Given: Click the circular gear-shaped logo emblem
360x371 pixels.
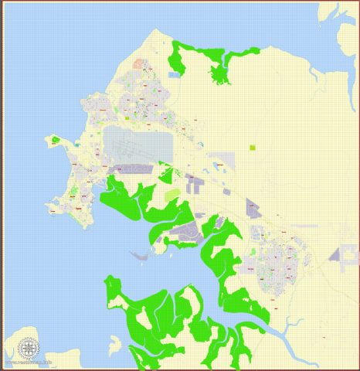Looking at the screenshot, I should click(x=29, y=349).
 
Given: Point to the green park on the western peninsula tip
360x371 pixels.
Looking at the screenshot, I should click(x=56, y=141).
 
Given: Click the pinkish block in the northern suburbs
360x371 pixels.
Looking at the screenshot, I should click(x=139, y=65).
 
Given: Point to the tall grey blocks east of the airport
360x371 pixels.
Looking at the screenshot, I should click(x=192, y=185).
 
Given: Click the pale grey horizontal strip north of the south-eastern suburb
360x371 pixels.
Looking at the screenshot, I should click(x=306, y=226).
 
